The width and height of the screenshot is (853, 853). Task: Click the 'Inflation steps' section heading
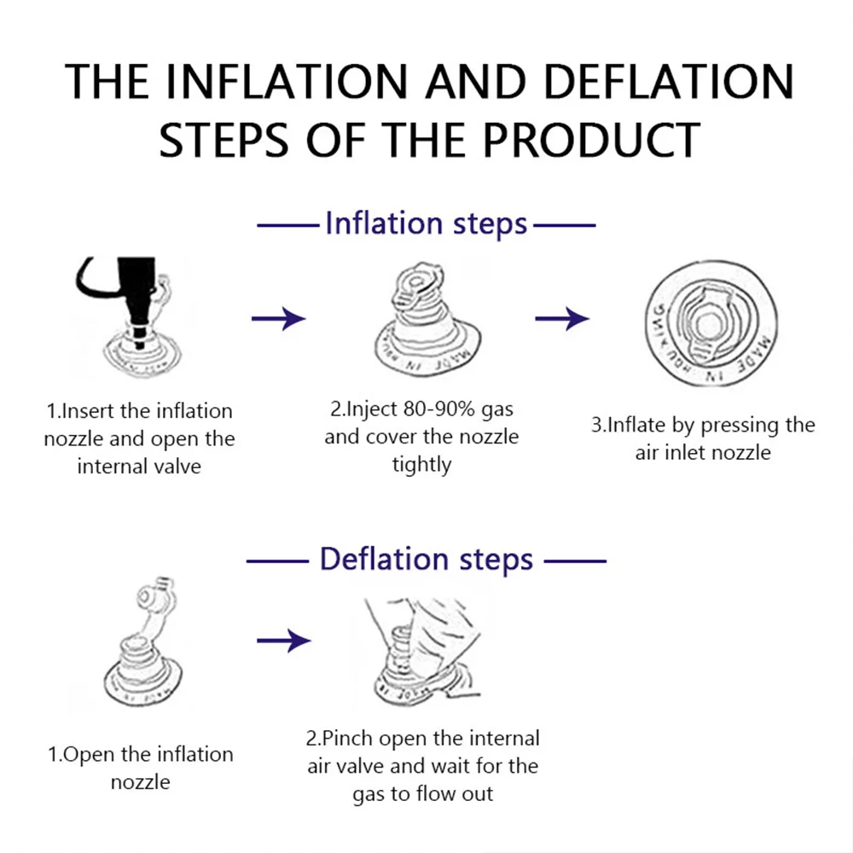(x=426, y=224)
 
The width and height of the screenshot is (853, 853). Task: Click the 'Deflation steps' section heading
(x=426, y=560)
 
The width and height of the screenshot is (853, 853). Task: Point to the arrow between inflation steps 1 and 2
(x=278, y=319)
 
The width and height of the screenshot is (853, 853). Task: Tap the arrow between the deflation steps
(x=284, y=640)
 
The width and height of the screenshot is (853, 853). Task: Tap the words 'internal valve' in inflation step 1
(x=138, y=467)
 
